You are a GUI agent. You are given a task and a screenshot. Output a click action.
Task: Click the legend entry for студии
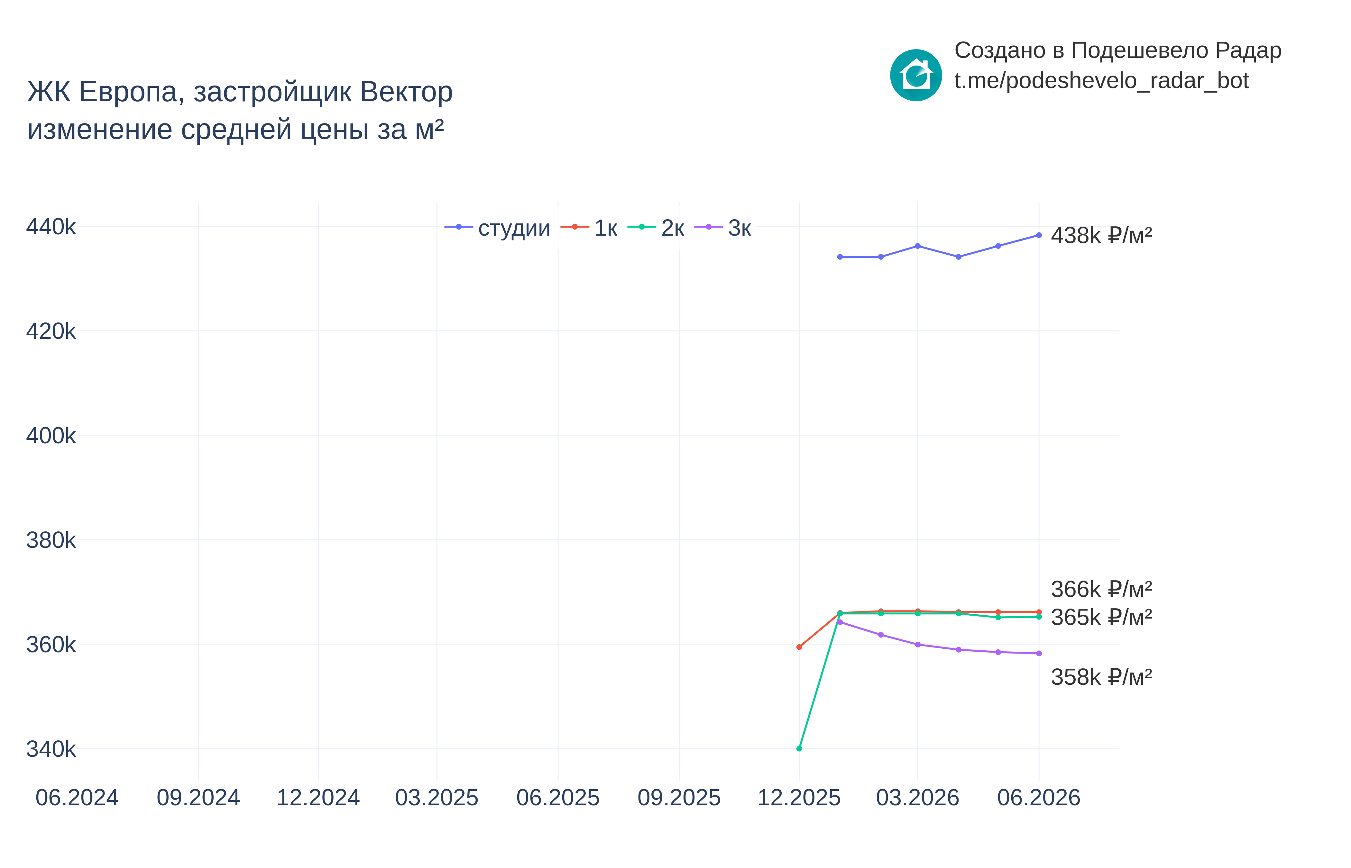(x=497, y=228)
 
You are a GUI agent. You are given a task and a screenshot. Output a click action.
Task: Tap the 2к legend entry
(x=656, y=228)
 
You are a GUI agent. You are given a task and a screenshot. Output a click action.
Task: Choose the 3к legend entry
(x=723, y=228)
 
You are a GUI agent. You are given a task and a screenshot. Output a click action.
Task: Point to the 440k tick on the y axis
(x=51, y=227)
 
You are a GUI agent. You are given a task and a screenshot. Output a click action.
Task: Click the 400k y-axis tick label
(x=51, y=436)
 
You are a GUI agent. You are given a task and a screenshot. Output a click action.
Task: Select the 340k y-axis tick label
(x=51, y=749)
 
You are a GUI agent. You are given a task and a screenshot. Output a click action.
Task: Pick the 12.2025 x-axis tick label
(x=799, y=798)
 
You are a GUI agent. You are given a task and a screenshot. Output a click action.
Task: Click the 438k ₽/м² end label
(x=1101, y=235)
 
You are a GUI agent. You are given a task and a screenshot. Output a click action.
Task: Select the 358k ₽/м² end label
(x=1101, y=677)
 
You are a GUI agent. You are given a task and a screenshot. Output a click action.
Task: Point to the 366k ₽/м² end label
(x=1101, y=590)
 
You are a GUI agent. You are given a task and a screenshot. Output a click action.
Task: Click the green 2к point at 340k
(x=799, y=748)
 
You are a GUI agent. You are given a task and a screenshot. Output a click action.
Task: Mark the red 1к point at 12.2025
(x=799, y=647)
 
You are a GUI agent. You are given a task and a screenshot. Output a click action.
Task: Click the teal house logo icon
(x=916, y=75)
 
